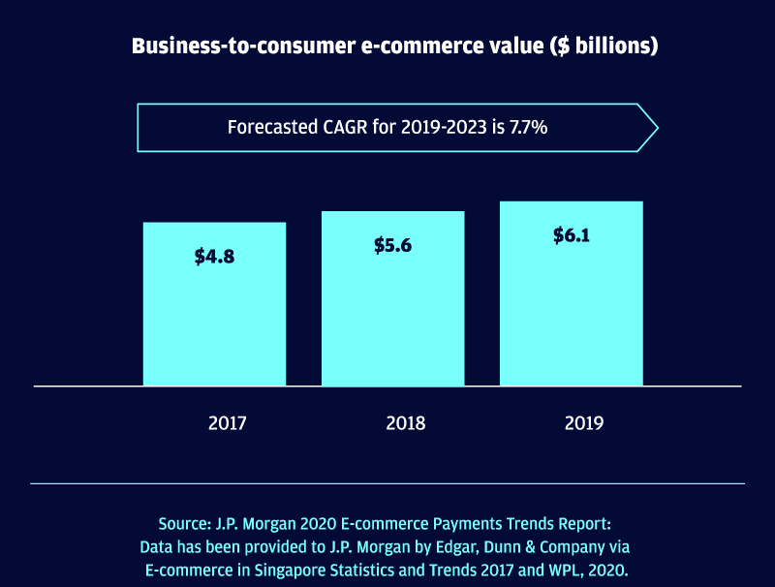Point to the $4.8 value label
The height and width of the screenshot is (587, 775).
pos(214,257)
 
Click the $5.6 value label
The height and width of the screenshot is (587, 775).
pos(392,245)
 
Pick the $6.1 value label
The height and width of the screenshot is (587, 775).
pos(572,235)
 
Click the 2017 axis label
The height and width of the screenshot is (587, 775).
pos(227,423)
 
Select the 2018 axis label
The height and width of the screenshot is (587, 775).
pos(405,423)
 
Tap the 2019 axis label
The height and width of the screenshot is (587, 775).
pos(584,423)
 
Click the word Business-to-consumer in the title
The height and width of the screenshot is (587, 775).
pos(230,46)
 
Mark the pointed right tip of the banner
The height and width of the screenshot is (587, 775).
pos(657,127)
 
